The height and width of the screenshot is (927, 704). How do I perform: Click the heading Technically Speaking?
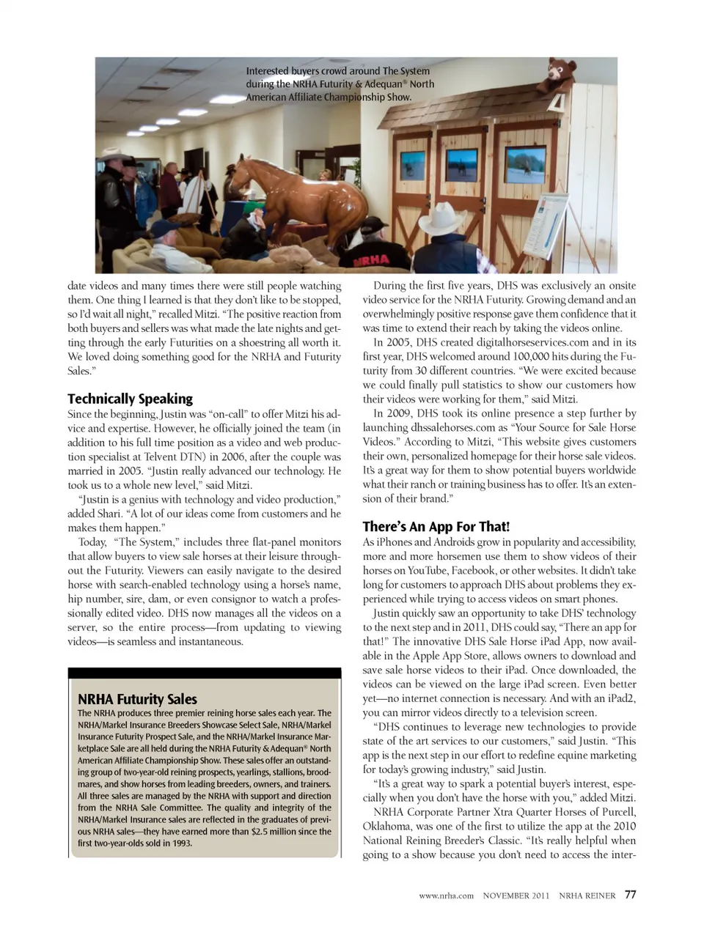click(x=130, y=399)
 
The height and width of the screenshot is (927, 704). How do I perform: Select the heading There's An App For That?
click(x=436, y=526)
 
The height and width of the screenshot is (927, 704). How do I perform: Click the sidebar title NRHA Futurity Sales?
click(x=137, y=698)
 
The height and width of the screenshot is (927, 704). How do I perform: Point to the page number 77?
click(x=631, y=894)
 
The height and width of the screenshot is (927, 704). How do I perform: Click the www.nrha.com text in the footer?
click(x=446, y=895)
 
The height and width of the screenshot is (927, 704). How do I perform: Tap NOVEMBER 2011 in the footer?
click(x=516, y=895)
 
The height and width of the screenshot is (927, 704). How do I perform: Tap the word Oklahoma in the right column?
click(x=389, y=826)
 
